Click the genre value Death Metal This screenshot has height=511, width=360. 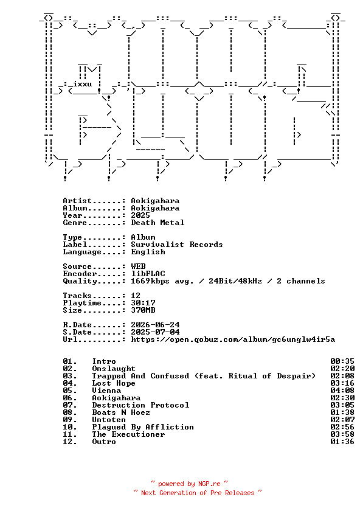click(157, 223)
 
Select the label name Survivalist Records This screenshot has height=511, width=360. click(177, 245)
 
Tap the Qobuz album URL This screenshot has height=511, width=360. click(233, 339)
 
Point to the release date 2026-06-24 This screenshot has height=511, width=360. click(156, 325)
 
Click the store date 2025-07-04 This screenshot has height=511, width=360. click(156, 332)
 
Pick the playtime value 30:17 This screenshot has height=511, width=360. click(143, 303)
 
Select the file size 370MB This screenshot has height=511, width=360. click(143, 310)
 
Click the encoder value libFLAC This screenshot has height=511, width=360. click(148, 274)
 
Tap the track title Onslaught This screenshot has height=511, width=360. click(114, 369)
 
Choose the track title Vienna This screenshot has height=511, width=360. click(106, 391)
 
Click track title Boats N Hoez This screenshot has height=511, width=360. click(121, 412)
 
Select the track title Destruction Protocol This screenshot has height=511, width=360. click(140, 405)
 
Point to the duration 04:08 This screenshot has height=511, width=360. click(342, 391)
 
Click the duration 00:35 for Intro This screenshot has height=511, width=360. click(342, 361)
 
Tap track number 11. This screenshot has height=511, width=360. click(70, 434)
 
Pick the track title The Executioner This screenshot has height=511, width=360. click(129, 434)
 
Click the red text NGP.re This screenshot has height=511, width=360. click(209, 484)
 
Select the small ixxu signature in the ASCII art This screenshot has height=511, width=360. click(83, 84)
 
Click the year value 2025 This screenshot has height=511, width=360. click(140, 215)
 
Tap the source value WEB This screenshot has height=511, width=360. click(138, 266)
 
